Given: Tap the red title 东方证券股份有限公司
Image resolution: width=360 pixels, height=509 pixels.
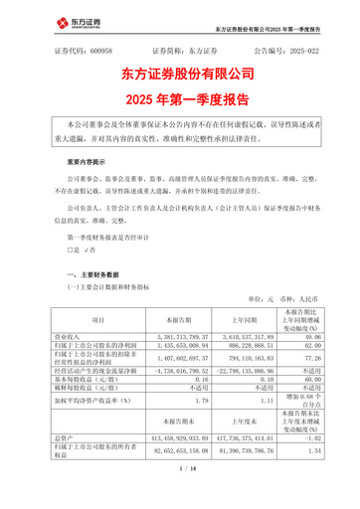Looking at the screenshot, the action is click(179, 74).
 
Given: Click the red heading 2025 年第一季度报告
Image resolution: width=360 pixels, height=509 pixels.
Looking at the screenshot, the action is click(179, 98).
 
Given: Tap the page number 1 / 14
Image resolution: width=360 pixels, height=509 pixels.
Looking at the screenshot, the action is click(179, 493).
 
